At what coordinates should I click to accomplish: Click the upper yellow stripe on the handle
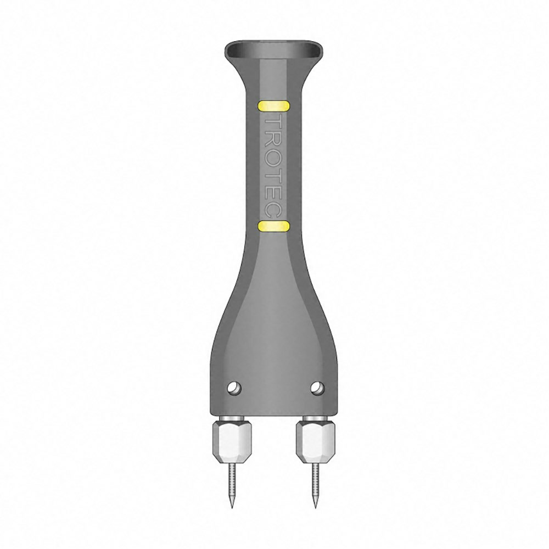[273, 106]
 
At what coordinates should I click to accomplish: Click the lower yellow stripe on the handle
[273, 226]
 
